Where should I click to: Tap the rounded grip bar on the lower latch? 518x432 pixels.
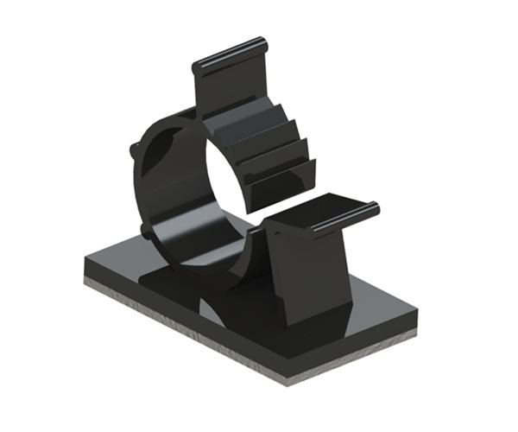click(344, 220)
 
